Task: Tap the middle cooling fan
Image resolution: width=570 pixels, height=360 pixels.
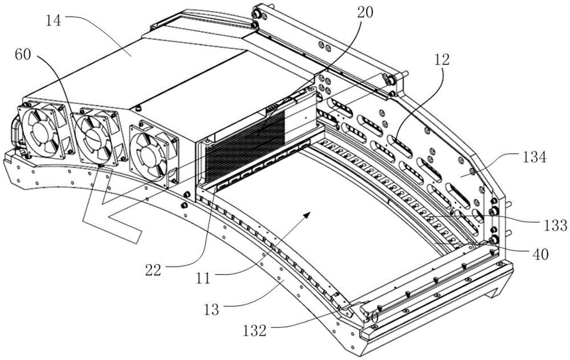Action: coord(93,137)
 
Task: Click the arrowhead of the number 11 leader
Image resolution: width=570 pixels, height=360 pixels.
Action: coord(308,213)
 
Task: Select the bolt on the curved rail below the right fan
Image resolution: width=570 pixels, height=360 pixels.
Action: coord(184,204)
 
